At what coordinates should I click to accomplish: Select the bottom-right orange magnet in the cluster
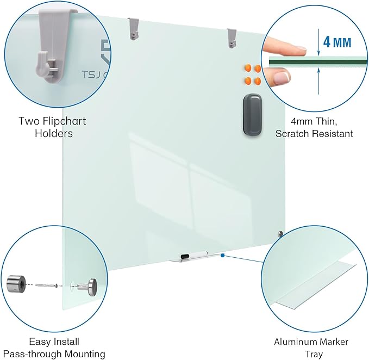coord(257,82)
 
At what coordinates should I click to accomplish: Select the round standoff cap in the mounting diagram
coord(89,285)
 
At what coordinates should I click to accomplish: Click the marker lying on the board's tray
coord(193,255)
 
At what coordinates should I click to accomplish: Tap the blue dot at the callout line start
coord(223,254)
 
